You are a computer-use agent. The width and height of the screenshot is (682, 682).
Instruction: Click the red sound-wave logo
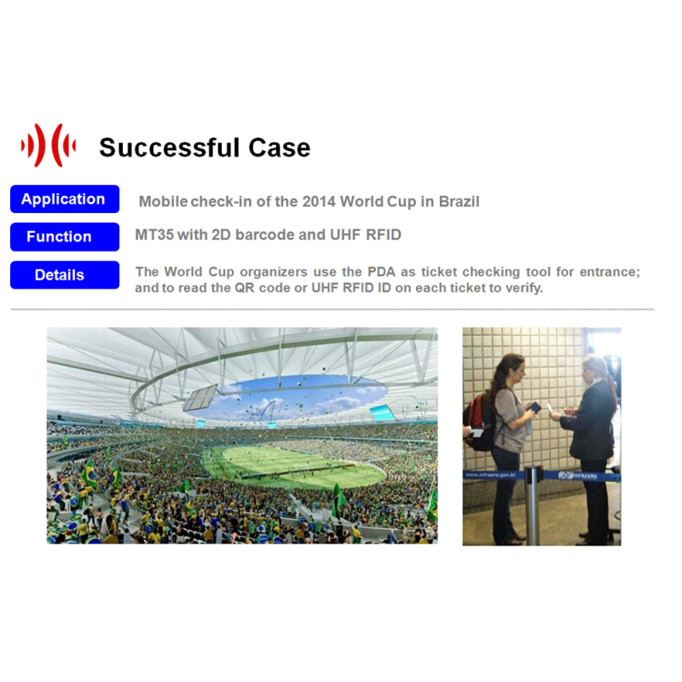tap(49, 145)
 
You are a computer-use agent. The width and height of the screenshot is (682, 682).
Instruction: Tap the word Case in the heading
tap(280, 147)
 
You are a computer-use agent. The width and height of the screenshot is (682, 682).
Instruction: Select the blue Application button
tap(65, 199)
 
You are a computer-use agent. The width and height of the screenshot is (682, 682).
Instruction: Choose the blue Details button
tap(65, 275)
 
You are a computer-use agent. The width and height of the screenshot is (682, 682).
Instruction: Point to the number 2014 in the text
tap(319, 201)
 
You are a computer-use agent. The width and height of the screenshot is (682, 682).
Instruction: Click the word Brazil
tap(459, 201)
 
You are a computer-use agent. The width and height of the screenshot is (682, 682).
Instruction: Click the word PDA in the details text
tap(381, 272)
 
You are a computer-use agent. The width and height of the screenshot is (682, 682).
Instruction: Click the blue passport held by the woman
tap(534, 407)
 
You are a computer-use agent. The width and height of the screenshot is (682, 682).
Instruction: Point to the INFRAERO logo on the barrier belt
tap(578, 476)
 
